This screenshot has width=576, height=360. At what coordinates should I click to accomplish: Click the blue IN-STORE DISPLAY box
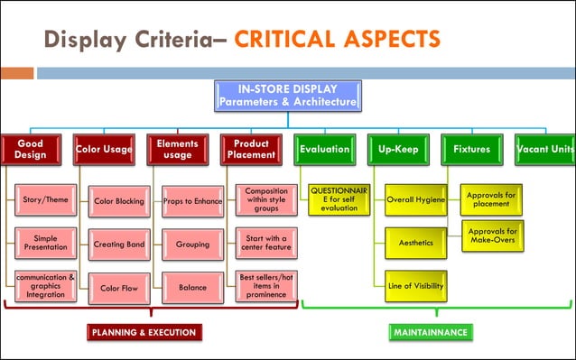click(x=288, y=97)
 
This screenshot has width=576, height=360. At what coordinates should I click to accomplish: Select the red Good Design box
click(x=30, y=149)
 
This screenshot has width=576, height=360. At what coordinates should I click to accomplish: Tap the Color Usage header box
click(x=104, y=149)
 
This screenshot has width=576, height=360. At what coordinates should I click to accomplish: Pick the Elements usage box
click(x=177, y=149)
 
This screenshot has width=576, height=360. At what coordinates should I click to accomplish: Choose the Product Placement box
click(x=251, y=149)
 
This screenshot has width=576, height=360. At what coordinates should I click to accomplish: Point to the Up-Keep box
click(x=398, y=149)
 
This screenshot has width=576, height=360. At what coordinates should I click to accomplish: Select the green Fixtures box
click(x=471, y=149)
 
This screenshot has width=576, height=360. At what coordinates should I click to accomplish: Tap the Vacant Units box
click(x=545, y=149)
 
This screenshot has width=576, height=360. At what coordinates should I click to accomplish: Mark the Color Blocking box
click(x=119, y=201)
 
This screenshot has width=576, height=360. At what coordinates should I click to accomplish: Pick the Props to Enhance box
click(x=192, y=201)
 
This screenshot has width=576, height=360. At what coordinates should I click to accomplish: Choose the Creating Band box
click(x=119, y=244)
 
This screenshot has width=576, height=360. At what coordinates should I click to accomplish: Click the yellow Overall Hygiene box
click(x=414, y=200)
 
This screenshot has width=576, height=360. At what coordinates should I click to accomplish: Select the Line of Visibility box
click(x=414, y=286)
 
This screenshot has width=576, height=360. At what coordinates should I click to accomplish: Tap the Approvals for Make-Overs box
click(x=492, y=237)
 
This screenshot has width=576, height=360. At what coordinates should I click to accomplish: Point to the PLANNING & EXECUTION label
click(x=144, y=332)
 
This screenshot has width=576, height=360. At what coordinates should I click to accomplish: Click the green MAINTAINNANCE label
click(x=430, y=332)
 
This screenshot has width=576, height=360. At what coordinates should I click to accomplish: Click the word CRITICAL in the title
click(x=288, y=40)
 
